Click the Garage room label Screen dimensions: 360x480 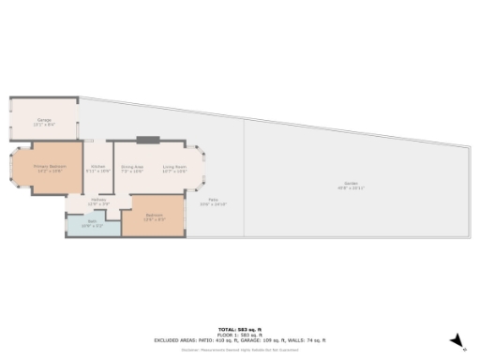pyautogui.click(x=43, y=120)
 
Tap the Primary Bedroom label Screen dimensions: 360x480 pyautogui.click(x=47, y=166)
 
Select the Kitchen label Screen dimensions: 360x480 pyautogui.click(x=97, y=166)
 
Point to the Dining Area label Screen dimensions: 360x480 pyautogui.click(x=132, y=166)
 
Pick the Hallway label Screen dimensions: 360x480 pyautogui.click(x=98, y=200)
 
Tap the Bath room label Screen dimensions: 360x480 pyautogui.click(x=92, y=222)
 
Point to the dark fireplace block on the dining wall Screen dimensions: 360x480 pyautogui.click(x=148, y=141)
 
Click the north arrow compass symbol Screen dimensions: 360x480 pyautogui.click(x=456, y=339)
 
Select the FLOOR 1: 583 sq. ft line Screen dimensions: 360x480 pyautogui.click(x=241, y=336)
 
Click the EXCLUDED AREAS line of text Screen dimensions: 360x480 pyautogui.click(x=241, y=340)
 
